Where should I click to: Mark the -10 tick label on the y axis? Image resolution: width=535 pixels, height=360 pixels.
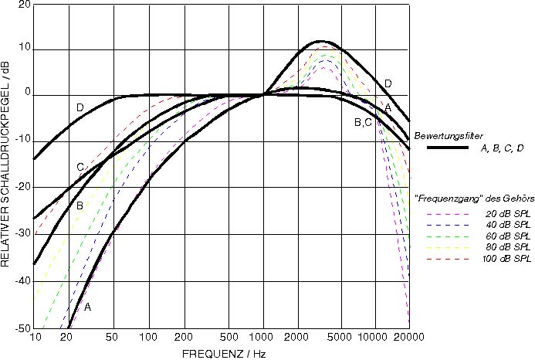pos(23,141)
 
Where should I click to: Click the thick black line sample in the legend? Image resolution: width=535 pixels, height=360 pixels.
pos(440,148)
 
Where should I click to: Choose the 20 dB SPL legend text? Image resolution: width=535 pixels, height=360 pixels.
pos(506,213)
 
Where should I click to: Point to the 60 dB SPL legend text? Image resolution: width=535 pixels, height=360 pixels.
pos(506,235)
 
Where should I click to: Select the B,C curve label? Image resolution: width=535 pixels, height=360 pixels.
pos(363,122)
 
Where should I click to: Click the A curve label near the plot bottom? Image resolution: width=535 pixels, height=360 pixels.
pos(87,307)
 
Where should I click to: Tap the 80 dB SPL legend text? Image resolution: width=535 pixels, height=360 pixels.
pos(506,246)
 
